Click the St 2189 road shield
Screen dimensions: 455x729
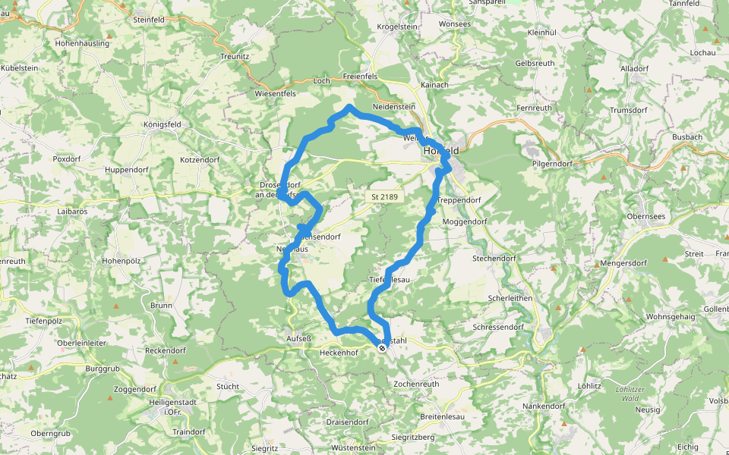pyautogui.click(x=385, y=197)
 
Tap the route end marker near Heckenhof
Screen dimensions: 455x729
pyautogui.click(x=381, y=348)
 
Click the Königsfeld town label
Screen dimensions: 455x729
pyautogui.click(x=163, y=124)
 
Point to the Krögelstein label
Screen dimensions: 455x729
pyautogui.click(x=397, y=27)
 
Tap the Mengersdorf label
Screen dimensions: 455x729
pyautogui.click(x=623, y=265)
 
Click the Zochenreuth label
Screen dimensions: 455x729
pyautogui.click(x=416, y=384)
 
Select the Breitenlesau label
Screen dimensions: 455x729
pyautogui.click(x=442, y=417)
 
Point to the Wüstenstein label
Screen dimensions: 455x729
pyautogui.click(x=354, y=448)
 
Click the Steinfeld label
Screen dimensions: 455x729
pyautogui.click(x=149, y=19)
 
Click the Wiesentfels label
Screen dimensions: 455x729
pyautogui.click(x=275, y=93)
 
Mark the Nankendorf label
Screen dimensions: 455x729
pyautogui.click(x=544, y=406)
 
